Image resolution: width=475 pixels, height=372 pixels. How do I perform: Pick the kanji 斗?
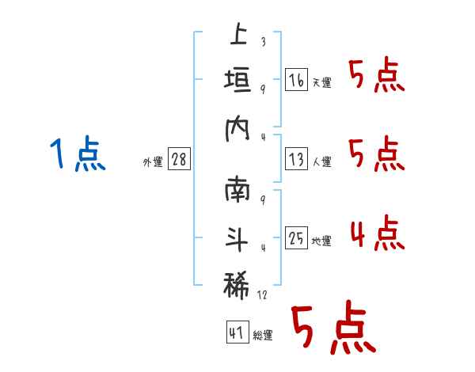point(237,238)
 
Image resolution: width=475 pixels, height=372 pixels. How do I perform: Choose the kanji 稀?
point(237,285)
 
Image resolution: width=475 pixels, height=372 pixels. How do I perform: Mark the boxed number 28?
point(179,159)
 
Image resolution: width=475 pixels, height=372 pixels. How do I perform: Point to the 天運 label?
point(322,82)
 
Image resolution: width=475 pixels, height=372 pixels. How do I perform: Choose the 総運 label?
point(263,336)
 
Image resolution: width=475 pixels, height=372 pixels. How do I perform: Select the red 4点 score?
point(376,232)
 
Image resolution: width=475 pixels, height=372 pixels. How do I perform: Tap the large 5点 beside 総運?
point(332,328)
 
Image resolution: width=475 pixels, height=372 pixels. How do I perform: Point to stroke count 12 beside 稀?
point(263,296)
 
